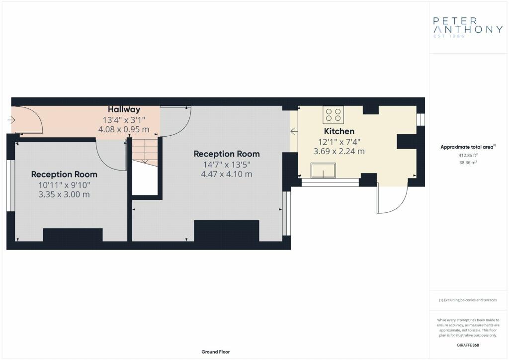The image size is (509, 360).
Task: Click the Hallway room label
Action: coord(124,109)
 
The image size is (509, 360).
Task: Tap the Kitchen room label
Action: coord(339,131)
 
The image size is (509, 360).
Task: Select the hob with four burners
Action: coord(334,114)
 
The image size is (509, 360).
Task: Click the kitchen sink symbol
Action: coord(323,171)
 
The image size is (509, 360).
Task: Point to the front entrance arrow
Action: coord(11,120)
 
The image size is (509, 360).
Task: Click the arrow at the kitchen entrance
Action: coord(294,131)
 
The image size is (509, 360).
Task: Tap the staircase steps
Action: coord(145,152)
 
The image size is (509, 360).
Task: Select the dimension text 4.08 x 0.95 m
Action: coord(124,129)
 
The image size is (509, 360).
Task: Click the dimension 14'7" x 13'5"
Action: coord(227,165)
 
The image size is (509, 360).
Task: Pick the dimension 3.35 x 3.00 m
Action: coord(64,194)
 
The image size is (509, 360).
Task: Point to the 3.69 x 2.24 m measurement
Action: coord(339,151)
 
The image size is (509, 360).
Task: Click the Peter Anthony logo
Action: coord(468,27)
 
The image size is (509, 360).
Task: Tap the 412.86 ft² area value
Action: coord(468,156)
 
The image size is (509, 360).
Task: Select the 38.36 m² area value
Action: coord(468,163)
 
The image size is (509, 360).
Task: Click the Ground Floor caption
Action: coord(216,352)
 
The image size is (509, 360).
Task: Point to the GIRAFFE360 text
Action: coord(468,345)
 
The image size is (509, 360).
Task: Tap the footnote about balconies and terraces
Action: coord(468,300)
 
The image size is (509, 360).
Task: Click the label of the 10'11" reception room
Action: coord(64,175)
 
